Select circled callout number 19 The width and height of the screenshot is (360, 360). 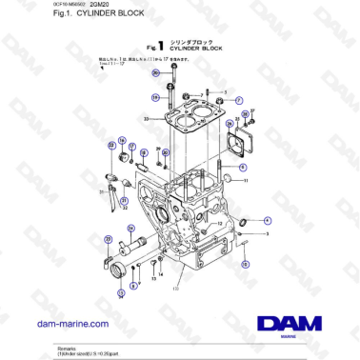pyautogui.click(x=154, y=96)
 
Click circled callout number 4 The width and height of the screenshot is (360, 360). pyautogui.click(x=267, y=221)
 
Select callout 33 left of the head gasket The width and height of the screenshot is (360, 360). pyautogui.click(x=147, y=118)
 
